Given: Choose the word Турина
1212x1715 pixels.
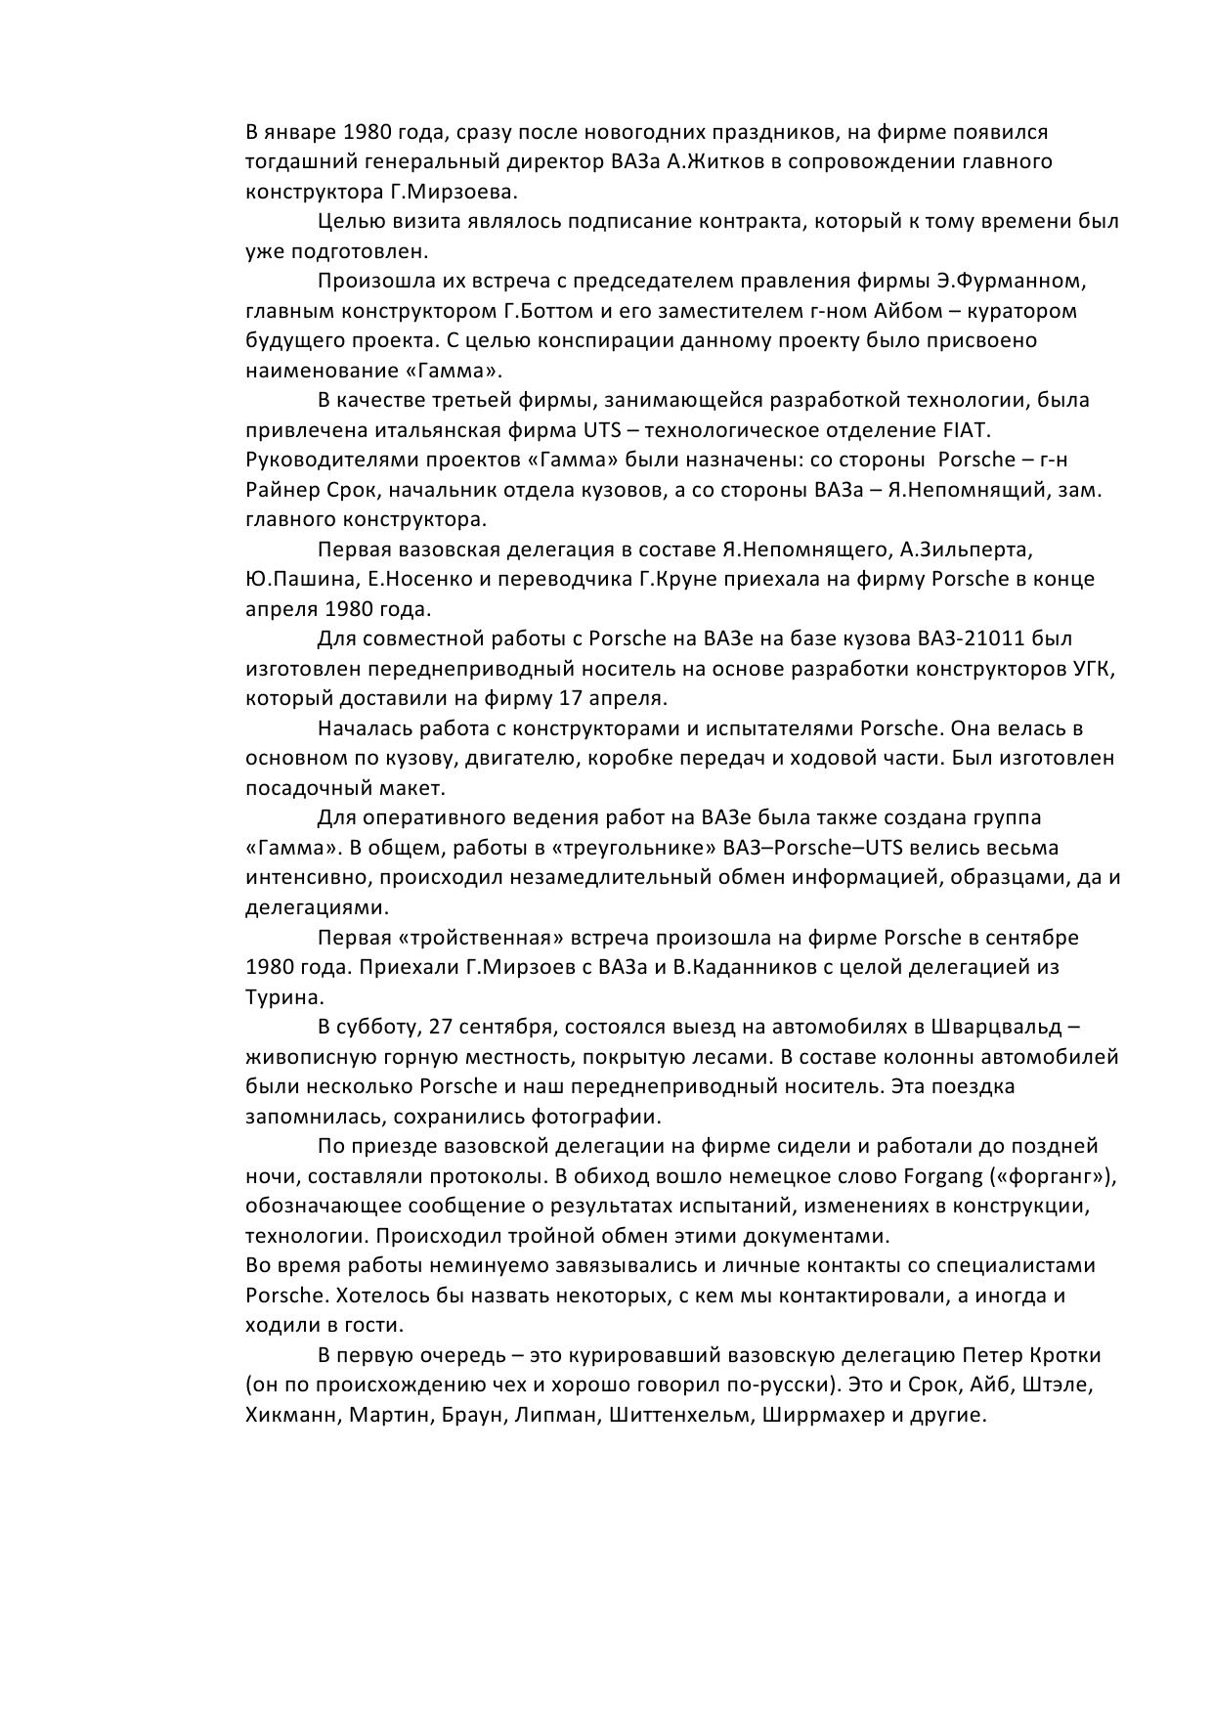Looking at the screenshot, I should [282, 998].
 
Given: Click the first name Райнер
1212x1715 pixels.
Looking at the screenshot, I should [279, 490].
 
